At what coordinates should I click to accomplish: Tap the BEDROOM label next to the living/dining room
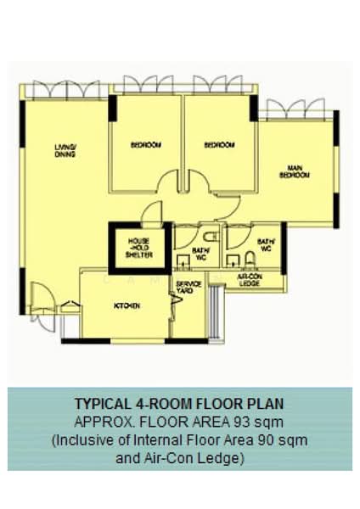(145, 145)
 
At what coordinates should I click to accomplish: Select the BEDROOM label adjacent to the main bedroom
(219, 145)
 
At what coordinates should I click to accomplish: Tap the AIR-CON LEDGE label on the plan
(250, 280)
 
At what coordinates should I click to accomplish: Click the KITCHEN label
(127, 305)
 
